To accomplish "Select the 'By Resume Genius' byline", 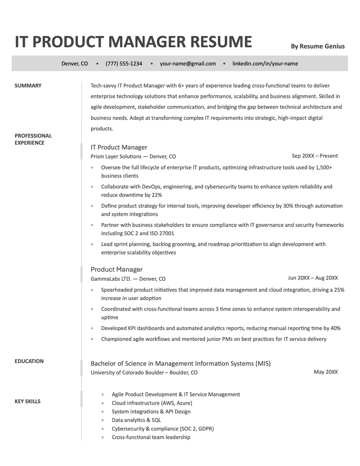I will click(x=318, y=46).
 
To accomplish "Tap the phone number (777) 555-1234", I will click(x=124, y=64).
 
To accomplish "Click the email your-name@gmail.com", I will click(x=188, y=64).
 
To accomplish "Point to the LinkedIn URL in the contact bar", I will click(x=265, y=64).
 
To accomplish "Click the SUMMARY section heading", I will click(x=28, y=86).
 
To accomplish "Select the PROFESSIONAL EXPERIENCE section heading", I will click(x=33, y=139).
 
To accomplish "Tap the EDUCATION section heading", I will click(x=29, y=361).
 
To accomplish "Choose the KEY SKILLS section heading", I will click(x=27, y=401).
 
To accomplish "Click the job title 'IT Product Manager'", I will click(x=119, y=147).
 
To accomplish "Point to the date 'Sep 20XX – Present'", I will click(x=314, y=156).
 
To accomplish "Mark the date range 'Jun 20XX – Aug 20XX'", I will click(x=313, y=278).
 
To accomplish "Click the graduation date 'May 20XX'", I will click(x=325, y=372).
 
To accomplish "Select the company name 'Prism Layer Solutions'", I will click(x=116, y=157).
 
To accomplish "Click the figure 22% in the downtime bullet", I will click(x=157, y=195).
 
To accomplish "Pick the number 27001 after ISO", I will click(x=166, y=233).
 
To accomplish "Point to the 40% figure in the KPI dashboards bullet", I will click(x=335, y=328).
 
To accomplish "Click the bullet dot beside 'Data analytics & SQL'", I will click(x=102, y=420).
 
